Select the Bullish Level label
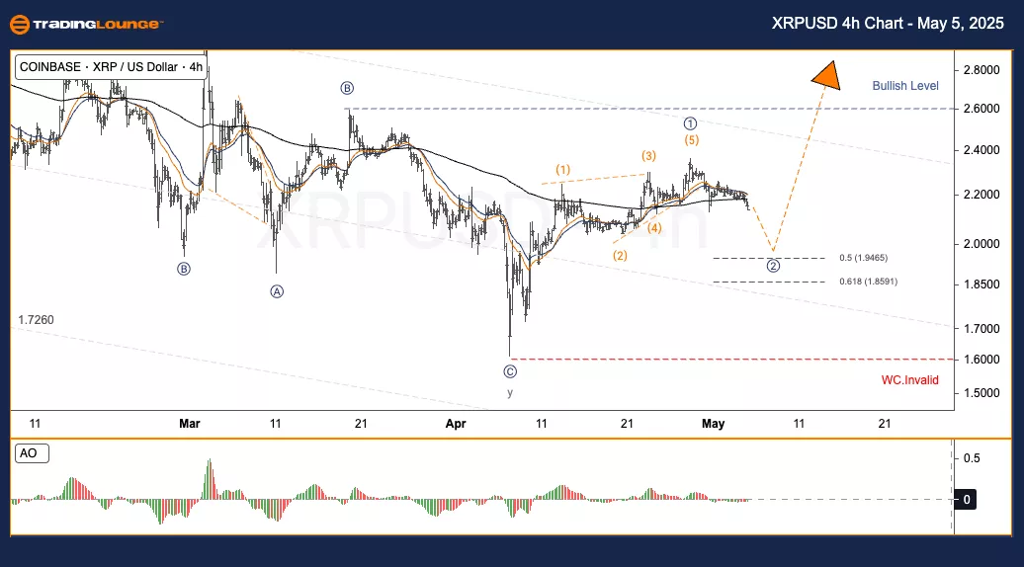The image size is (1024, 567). pos(905,86)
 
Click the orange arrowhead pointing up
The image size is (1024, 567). pos(825,74)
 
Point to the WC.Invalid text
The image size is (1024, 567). pos(910,379)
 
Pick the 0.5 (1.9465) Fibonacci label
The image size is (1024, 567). pos(864,258)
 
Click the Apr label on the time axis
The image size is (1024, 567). pos(456,424)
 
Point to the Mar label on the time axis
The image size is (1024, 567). pos(190,424)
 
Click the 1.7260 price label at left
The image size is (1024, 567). pos(36,320)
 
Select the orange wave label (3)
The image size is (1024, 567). pos(648,156)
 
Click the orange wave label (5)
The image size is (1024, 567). pos(692,140)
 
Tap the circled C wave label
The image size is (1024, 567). pos(510,371)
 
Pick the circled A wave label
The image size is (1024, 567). pos(276,291)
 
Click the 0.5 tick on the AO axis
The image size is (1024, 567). pos(972,458)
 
